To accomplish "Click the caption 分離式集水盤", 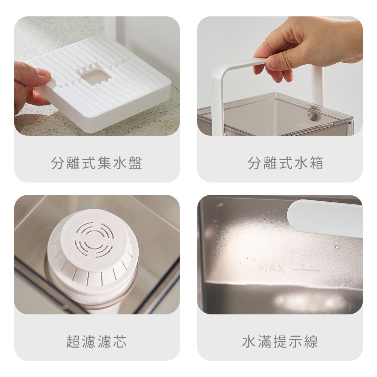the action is point(97,163).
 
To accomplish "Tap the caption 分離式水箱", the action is point(285,163).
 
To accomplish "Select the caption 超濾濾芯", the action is point(97,341).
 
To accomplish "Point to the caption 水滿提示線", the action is point(280,341).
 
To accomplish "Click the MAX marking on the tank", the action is point(271,268).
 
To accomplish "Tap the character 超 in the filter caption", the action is point(73,341).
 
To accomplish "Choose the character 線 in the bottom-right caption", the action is point(311,341).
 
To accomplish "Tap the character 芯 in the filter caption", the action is point(120,341).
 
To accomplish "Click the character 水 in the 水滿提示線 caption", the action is point(249,341).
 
